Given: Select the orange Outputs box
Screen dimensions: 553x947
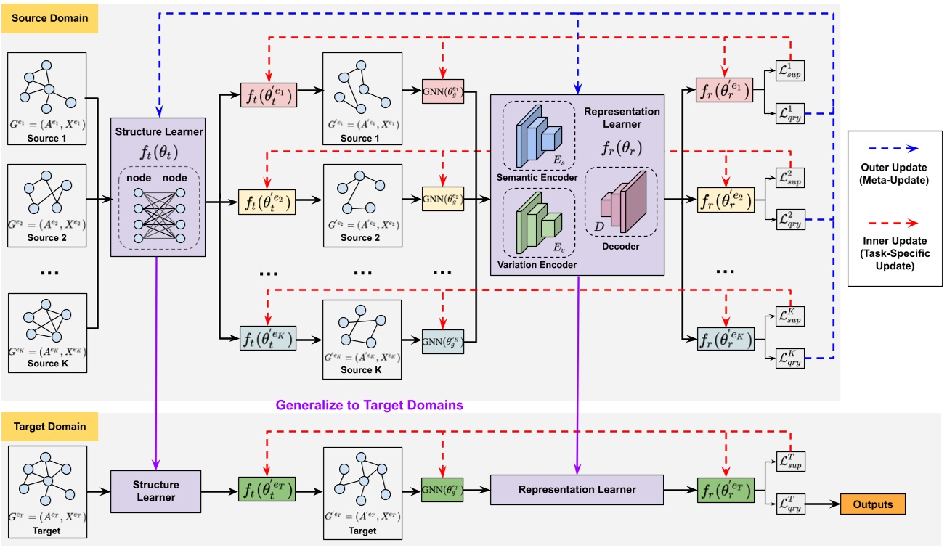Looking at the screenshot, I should pos(872,504).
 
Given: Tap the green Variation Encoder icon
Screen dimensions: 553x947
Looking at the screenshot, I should pos(537,222).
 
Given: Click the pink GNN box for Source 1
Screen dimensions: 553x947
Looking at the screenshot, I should pos(442,94).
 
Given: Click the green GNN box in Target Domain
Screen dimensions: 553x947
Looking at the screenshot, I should pos(442,490).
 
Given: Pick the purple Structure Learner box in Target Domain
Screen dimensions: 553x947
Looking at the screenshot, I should pos(156,491).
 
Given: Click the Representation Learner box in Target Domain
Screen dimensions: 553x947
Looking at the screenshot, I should pos(577,490).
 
